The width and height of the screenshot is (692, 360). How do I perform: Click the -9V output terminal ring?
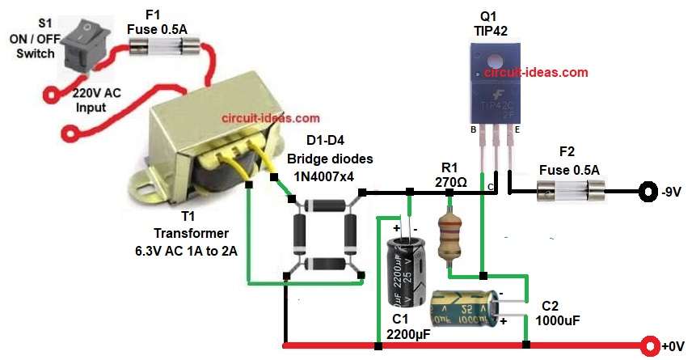click(x=648, y=193)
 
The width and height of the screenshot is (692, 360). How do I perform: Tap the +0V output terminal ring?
click(x=648, y=346)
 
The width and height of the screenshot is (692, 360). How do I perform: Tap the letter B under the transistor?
click(x=475, y=128)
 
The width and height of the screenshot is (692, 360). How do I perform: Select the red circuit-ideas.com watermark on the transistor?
click(x=536, y=72)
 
